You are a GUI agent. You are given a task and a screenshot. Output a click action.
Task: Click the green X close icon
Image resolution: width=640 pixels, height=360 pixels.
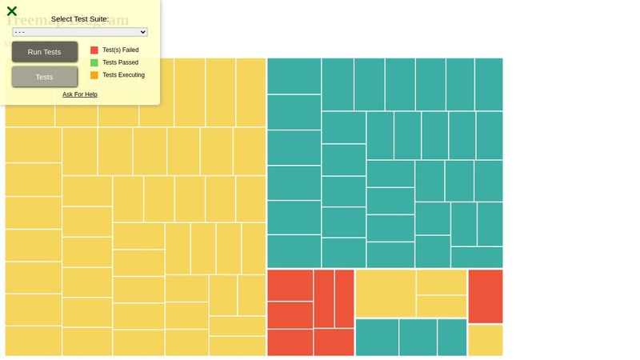(12, 11)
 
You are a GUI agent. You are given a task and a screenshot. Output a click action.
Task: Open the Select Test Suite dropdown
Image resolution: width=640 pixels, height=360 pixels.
(80, 32)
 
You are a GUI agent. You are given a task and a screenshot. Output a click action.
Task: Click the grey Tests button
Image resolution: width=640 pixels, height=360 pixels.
(45, 77)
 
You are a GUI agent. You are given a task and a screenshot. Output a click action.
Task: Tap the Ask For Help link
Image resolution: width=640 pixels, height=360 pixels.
(80, 94)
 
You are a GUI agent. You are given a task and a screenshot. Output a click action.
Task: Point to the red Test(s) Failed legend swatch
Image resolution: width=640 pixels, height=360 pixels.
(94, 50)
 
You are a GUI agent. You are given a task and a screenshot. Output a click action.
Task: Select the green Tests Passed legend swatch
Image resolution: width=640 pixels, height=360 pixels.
(94, 62)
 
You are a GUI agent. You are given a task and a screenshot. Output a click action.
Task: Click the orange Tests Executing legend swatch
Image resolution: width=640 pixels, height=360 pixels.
(94, 75)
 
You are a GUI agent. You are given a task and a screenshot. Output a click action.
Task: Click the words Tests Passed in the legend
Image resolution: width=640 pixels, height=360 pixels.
(120, 62)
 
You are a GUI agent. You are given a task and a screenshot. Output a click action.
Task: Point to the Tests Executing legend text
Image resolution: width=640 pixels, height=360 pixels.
(123, 75)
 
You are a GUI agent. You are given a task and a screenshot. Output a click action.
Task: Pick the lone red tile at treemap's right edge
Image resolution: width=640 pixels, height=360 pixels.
(486, 296)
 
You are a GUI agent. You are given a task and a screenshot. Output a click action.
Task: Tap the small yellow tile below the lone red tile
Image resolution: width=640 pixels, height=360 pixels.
(486, 340)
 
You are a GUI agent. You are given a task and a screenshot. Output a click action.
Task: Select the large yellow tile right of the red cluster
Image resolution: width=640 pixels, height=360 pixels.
(386, 293)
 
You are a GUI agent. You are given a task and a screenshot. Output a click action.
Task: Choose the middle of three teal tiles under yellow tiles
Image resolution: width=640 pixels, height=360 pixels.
(418, 337)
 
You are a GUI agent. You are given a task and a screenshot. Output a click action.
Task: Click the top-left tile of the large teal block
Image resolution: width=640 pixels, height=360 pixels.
(294, 76)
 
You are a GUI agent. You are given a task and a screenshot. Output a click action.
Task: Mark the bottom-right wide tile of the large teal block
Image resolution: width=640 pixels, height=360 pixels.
(477, 257)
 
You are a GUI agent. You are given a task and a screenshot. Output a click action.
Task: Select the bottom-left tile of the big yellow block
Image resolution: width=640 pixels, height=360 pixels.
(34, 340)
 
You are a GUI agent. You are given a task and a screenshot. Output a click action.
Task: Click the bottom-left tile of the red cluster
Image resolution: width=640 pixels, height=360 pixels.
(290, 342)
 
